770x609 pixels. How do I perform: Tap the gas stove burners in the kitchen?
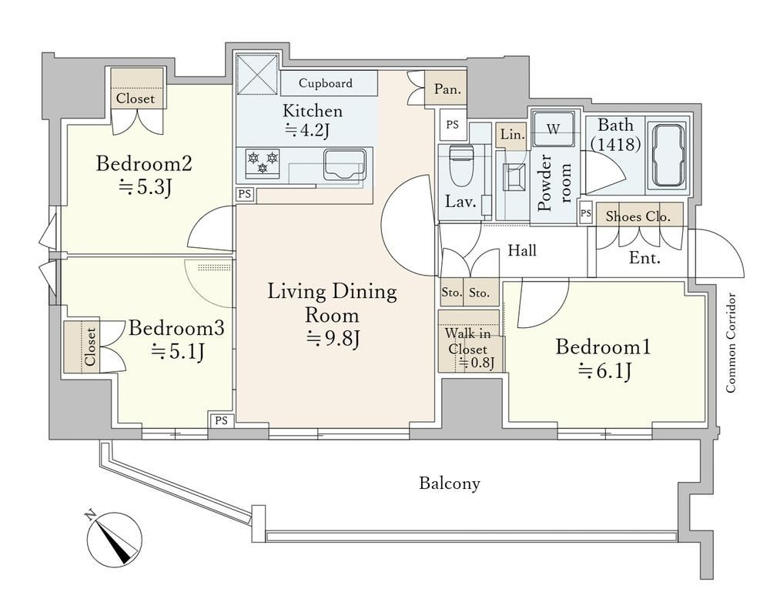point(263,163)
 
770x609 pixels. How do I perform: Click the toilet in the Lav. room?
point(460,164)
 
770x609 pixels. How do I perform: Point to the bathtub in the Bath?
point(666,156)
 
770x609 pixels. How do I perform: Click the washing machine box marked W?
point(554,129)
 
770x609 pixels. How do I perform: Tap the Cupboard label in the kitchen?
point(326,83)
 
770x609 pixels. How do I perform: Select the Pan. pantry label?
point(447,89)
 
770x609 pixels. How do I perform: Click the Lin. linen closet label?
point(512,134)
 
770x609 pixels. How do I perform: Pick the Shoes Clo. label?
point(638,216)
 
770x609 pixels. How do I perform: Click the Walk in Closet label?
point(467,341)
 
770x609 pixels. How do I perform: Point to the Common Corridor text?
point(731,343)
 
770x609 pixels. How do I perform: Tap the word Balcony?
point(450,484)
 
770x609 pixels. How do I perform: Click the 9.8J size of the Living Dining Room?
point(334,338)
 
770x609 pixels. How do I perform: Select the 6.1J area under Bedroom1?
point(604,371)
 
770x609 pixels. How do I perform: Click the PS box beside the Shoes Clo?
point(585,213)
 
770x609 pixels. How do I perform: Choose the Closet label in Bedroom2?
point(136,99)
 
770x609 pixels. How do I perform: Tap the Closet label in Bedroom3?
point(90,346)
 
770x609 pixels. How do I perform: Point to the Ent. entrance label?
point(644,258)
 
